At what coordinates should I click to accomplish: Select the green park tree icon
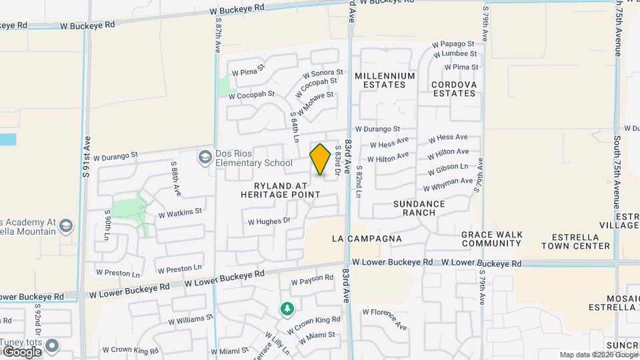(287, 309)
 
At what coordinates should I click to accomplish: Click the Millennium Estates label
(385, 80)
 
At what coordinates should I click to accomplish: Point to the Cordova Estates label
(453, 89)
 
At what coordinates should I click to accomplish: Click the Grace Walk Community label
(491, 239)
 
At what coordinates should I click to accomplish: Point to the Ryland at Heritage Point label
(280, 190)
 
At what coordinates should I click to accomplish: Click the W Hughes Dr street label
(269, 221)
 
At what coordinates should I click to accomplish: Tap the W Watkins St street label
(179, 213)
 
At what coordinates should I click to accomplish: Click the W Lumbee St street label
(455, 53)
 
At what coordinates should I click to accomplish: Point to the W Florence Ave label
(385, 318)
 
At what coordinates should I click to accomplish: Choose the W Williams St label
(190, 320)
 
